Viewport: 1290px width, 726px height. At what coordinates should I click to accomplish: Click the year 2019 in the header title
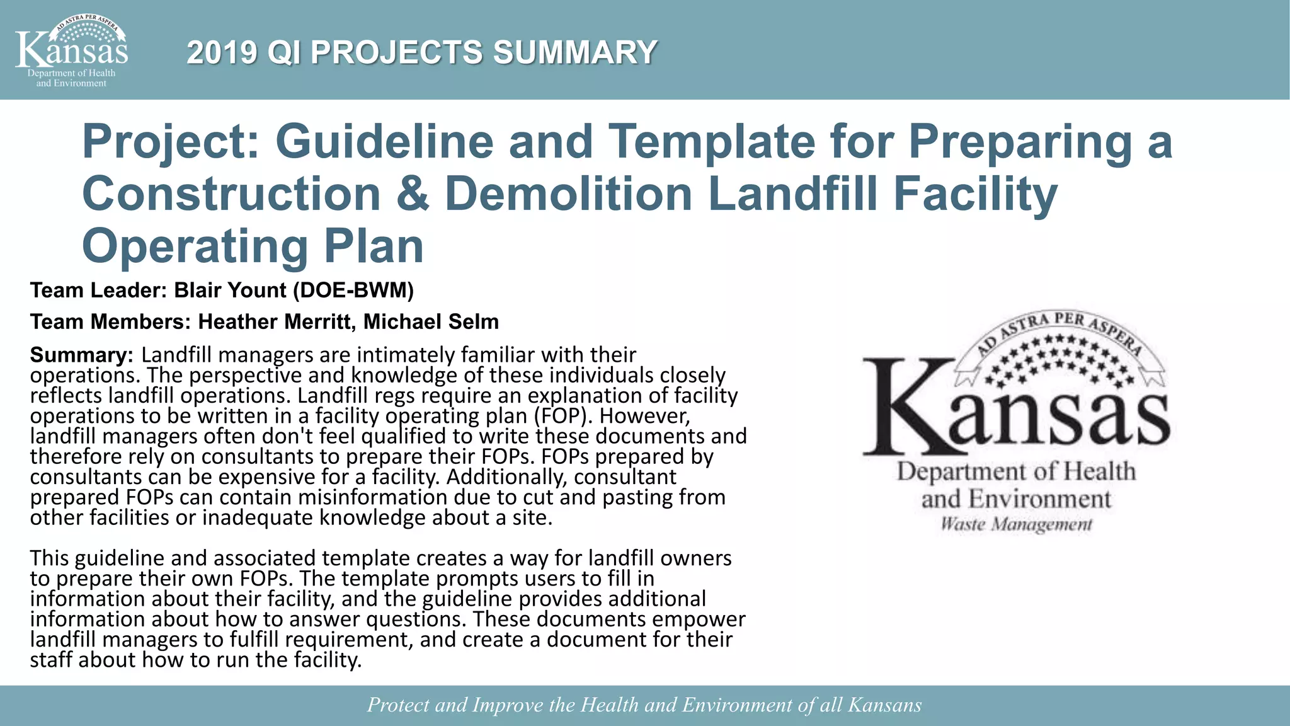click(222, 52)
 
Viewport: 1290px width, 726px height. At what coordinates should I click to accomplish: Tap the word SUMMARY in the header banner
click(574, 52)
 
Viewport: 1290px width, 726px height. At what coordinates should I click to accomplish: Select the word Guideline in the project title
click(384, 141)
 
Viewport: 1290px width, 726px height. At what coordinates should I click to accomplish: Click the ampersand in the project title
click(413, 193)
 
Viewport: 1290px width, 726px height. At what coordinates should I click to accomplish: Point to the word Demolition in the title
click(568, 193)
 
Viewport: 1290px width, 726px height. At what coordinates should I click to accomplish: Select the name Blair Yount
click(231, 291)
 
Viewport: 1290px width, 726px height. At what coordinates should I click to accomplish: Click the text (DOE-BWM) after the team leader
click(353, 291)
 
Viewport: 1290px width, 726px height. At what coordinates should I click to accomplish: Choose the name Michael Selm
click(431, 322)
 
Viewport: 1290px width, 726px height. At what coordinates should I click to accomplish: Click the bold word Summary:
click(81, 355)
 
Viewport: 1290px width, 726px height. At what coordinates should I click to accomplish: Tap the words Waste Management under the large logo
click(1016, 524)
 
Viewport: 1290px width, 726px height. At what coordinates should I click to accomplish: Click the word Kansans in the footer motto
click(884, 705)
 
